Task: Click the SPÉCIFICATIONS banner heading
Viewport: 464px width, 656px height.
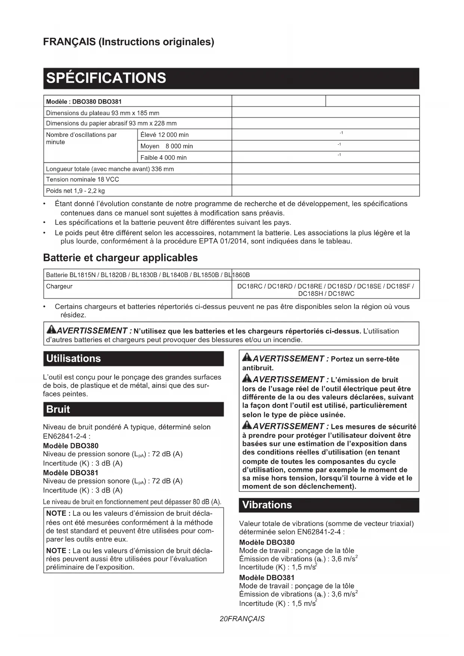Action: [106, 78]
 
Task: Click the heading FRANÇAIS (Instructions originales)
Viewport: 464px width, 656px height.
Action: [129, 42]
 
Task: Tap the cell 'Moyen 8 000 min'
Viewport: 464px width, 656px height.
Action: [166, 146]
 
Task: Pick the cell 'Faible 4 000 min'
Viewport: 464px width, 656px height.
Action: [163, 158]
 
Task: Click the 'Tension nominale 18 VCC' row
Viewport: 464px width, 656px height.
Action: [83, 180]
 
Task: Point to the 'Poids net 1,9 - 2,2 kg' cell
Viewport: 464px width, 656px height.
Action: [76, 191]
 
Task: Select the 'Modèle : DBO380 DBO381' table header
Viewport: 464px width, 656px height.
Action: [84, 102]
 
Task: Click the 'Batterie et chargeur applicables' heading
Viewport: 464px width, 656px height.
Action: [120, 258]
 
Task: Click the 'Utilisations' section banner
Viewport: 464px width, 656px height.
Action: [74, 359]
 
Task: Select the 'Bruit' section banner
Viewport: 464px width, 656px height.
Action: [58, 410]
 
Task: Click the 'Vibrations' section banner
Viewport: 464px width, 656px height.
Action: [267, 505]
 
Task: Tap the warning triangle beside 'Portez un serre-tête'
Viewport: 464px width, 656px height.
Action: [247, 358]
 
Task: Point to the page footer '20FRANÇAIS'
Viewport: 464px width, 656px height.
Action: [242, 619]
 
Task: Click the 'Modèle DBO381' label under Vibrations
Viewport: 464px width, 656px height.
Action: [267, 578]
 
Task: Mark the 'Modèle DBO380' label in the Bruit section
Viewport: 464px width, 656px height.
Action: [71, 446]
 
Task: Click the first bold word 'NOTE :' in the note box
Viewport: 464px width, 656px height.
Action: [58, 514]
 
